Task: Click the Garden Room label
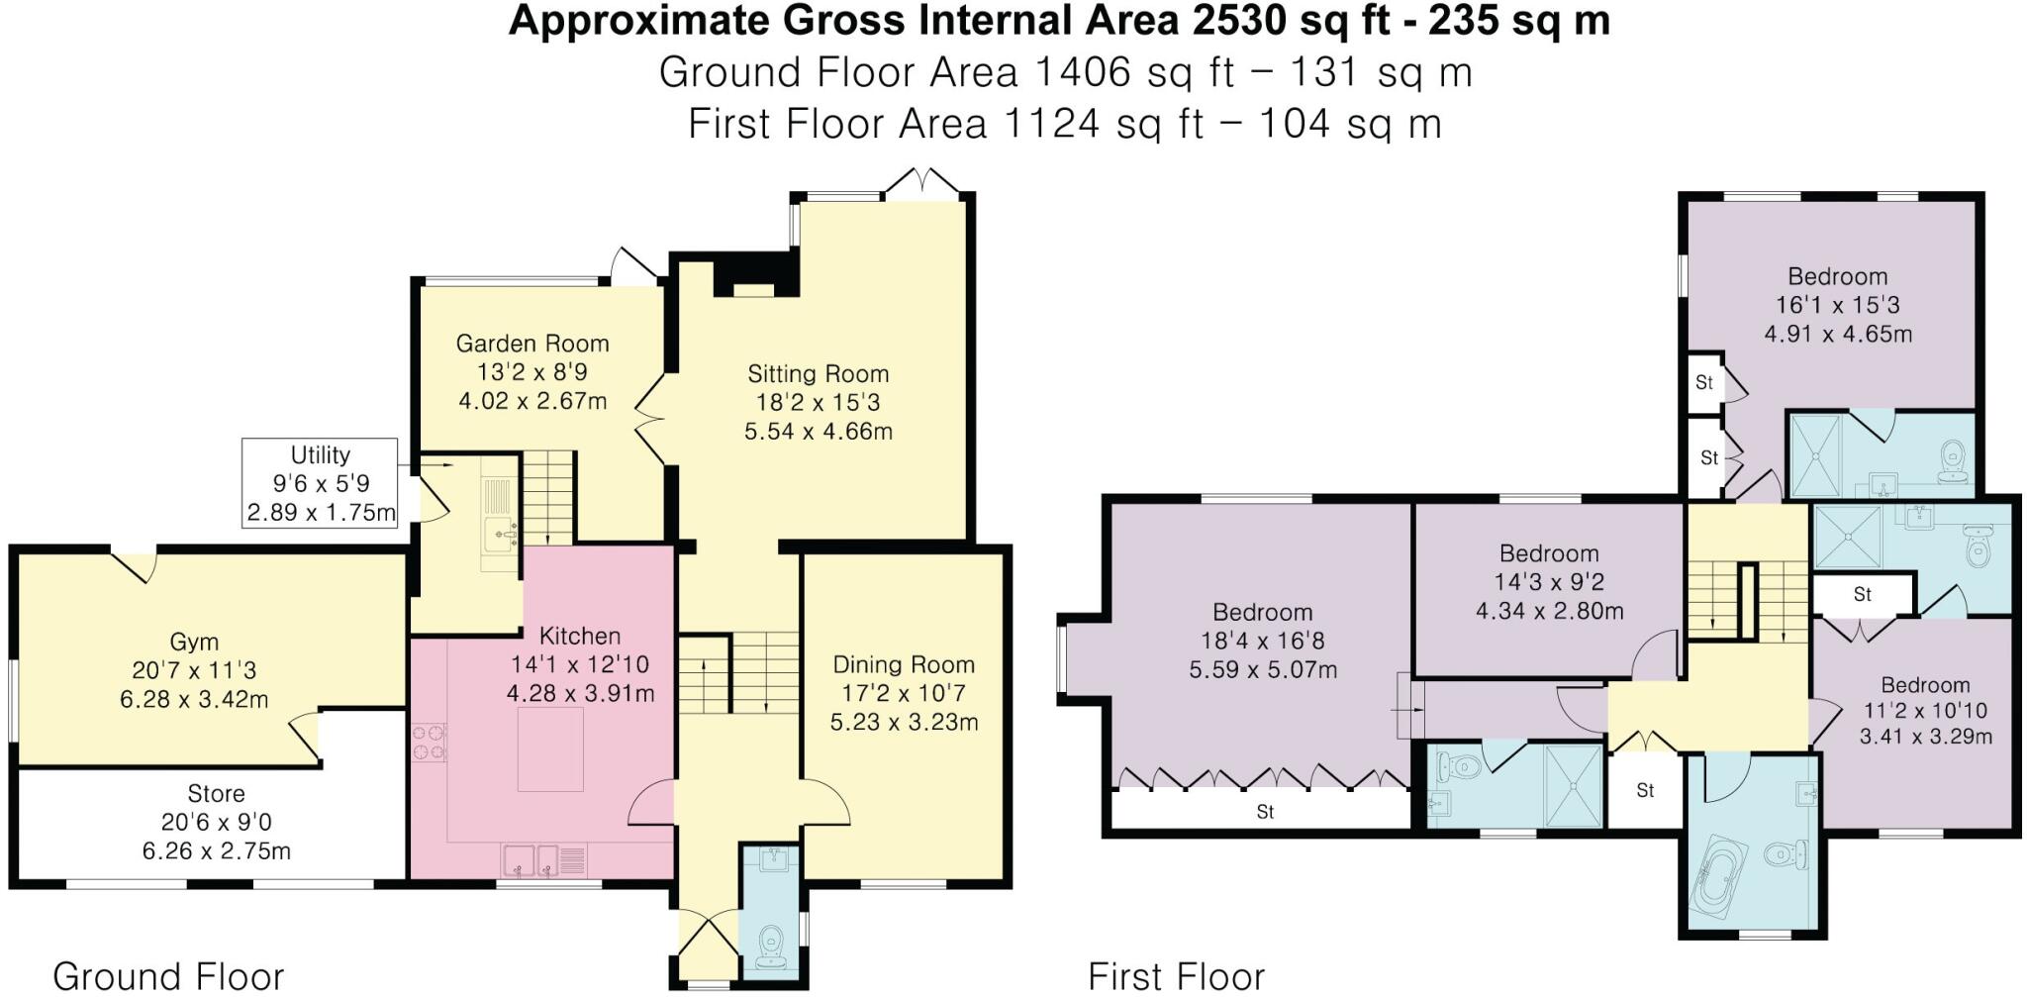pyautogui.click(x=531, y=344)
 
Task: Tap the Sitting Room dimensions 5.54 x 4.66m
pyautogui.click(x=818, y=432)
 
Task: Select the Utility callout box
pyautogui.click(x=320, y=483)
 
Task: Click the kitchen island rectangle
pyautogui.click(x=550, y=748)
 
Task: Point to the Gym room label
pyautogui.click(x=194, y=642)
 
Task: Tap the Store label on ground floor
pyautogui.click(x=216, y=794)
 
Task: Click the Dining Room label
pyautogui.click(x=903, y=665)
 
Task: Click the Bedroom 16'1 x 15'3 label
pyautogui.click(x=1837, y=277)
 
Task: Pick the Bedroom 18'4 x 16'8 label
pyautogui.click(x=1262, y=613)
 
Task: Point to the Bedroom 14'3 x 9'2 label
pyautogui.click(x=1548, y=554)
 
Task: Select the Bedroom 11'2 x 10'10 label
pyautogui.click(x=1924, y=686)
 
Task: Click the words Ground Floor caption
pyautogui.click(x=168, y=976)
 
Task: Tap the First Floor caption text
pyautogui.click(x=1176, y=976)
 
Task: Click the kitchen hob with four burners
pyautogui.click(x=429, y=743)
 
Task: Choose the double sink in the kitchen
pyautogui.click(x=531, y=859)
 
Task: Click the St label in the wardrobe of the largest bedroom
pyautogui.click(x=1265, y=812)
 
